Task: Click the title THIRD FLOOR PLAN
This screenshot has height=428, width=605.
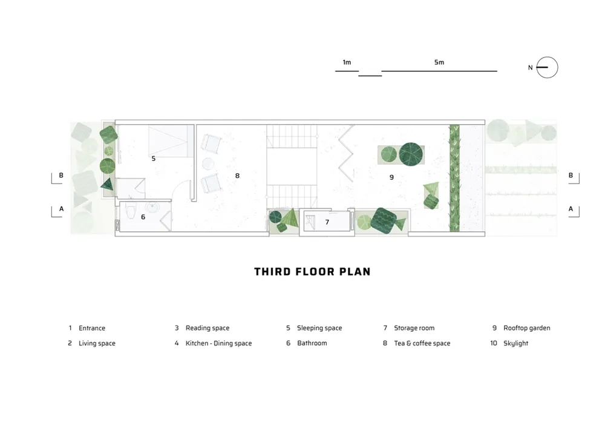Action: click(x=312, y=272)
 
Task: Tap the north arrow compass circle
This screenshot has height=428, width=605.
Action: click(x=547, y=68)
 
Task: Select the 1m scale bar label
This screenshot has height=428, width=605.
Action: click(x=347, y=62)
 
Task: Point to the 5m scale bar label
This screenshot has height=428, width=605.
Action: click(x=439, y=62)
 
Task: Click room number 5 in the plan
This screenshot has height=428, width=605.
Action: click(x=154, y=159)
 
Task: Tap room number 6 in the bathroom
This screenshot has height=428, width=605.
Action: click(x=143, y=217)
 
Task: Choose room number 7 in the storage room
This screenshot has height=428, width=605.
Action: click(x=327, y=222)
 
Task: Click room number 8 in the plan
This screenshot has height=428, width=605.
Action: click(x=237, y=176)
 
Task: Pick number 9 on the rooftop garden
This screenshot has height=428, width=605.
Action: click(x=391, y=177)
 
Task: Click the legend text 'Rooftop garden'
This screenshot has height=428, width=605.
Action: click(x=527, y=328)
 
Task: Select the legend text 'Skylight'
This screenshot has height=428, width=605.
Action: click(x=515, y=343)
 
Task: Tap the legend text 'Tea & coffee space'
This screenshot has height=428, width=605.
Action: click(x=422, y=343)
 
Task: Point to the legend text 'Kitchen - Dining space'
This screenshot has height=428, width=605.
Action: click(x=218, y=343)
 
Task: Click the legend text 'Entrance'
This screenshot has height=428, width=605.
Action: click(x=92, y=328)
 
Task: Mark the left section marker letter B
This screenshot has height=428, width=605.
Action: click(x=61, y=175)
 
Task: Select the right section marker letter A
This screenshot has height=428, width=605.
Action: click(x=571, y=209)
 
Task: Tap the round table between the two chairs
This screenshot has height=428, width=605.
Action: click(x=208, y=163)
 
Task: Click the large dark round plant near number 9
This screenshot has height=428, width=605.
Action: click(x=411, y=154)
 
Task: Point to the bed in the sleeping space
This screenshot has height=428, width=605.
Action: click(x=171, y=141)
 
